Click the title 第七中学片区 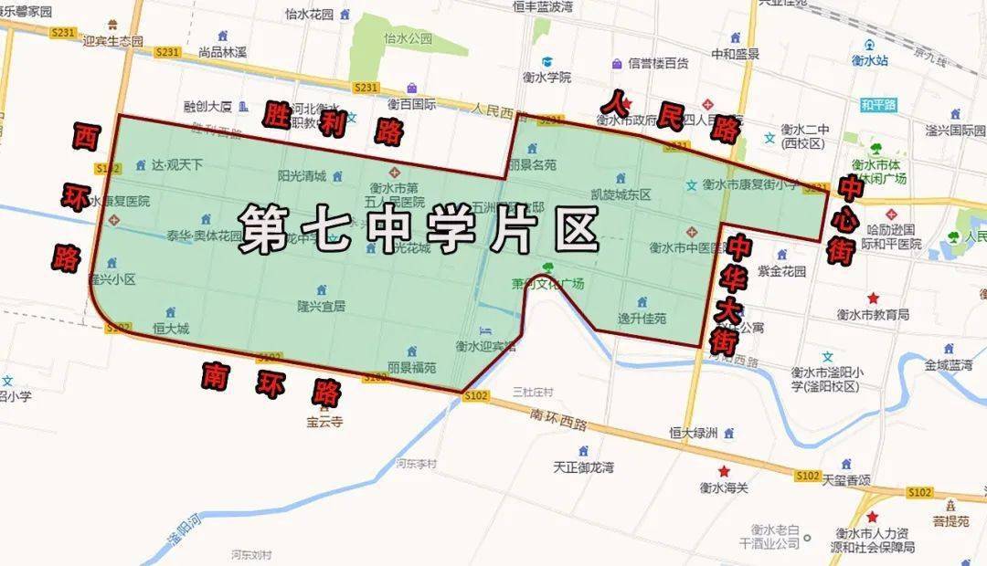click(418, 226)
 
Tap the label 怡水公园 click(408, 38)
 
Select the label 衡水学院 click(547, 78)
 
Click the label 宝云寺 click(324, 423)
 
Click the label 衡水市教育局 click(873, 314)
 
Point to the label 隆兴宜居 click(321, 307)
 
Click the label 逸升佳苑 click(642, 319)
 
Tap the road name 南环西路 click(561, 414)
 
